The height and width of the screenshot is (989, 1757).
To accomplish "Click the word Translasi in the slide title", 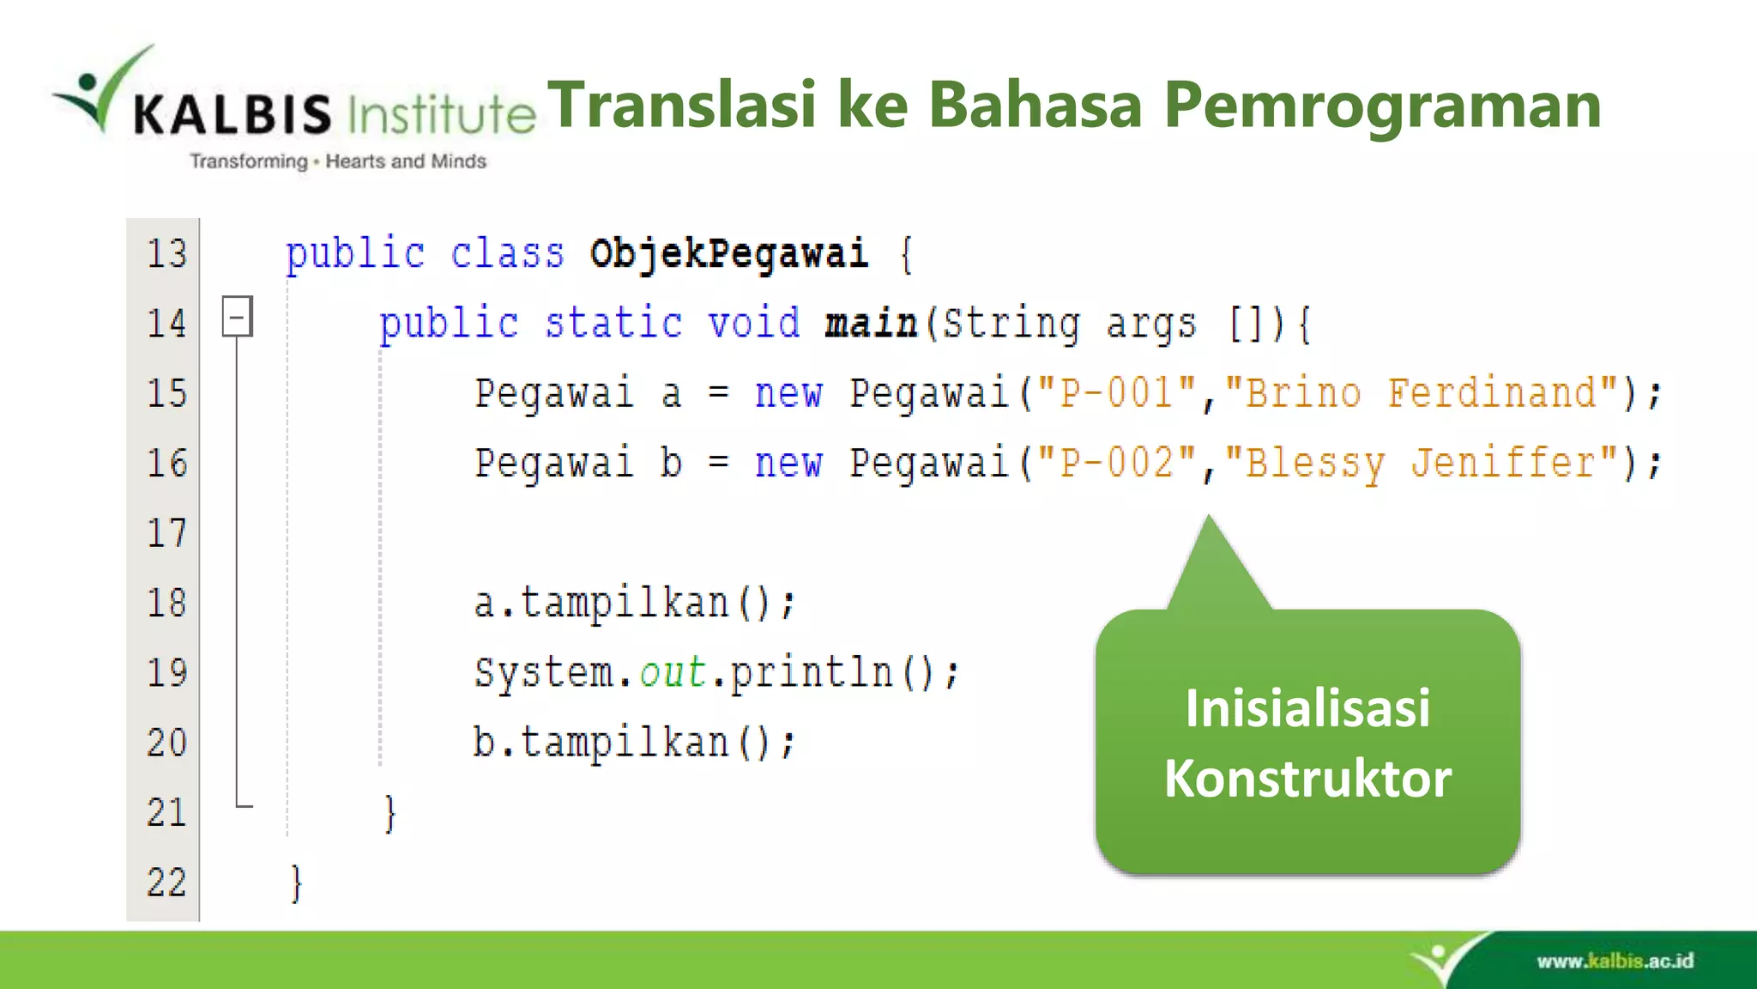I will click(x=682, y=105).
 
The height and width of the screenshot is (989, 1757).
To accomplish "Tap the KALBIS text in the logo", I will click(x=232, y=114).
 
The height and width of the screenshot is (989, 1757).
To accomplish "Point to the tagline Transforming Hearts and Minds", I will click(x=338, y=161).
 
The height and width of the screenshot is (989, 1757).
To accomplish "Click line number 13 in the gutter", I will click(x=166, y=254).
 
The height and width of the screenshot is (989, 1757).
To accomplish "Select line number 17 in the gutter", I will click(x=166, y=533).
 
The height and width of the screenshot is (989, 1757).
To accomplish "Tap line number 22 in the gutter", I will click(x=166, y=883).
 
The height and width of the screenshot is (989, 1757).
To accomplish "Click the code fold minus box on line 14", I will click(x=237, y=316).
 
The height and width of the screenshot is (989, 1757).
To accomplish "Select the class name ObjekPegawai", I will click(x=728, y=254).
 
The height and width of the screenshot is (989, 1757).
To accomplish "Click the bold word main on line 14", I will click(x=870, y=324).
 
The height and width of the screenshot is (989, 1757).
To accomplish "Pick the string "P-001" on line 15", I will click(x=1116, y=393).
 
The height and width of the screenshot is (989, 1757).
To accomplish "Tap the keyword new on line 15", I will click(x=788, y=394).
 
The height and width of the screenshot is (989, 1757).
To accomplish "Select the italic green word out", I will click(x=673, y=672).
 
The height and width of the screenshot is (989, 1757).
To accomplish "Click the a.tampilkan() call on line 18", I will click(x=634, y=603).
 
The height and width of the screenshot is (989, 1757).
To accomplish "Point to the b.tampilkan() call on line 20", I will click(x=634, y=743).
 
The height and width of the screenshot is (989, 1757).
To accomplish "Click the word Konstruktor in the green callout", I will click(x=1307, y=779).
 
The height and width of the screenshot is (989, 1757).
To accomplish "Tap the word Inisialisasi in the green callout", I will click(x=1307, y=708).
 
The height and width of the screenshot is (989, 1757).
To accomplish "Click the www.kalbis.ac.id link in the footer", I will click(x=1615, y=961).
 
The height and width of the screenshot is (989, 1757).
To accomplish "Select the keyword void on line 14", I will click(x=753, y=324).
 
